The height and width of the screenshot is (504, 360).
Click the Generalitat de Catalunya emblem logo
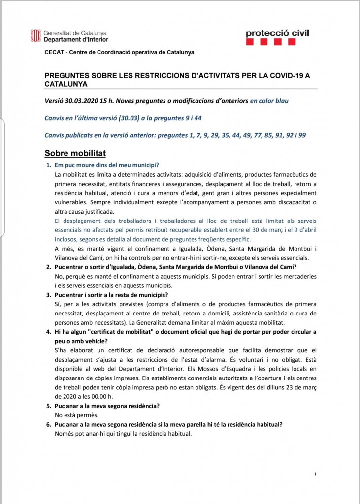coord(35,36)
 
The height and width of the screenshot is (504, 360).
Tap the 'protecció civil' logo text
coord(277,33)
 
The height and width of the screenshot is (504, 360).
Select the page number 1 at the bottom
coord(315,474)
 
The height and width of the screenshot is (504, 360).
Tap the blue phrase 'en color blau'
coord(269,101)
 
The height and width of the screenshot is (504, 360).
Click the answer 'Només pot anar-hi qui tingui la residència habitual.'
coord(123,433)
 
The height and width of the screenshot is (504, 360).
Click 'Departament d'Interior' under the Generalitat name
coord(76,39)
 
